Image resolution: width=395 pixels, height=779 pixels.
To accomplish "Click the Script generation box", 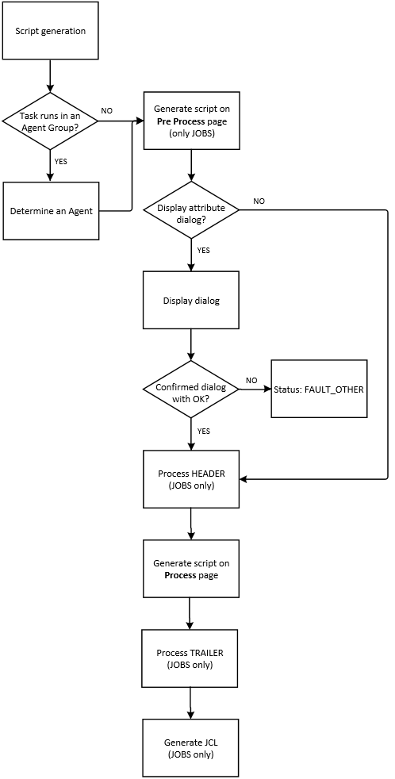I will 51,31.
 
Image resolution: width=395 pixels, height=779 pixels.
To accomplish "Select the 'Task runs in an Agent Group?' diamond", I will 51,121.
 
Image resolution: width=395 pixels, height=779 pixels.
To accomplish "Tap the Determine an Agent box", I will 51,211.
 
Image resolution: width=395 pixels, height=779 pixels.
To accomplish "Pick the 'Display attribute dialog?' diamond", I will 190,210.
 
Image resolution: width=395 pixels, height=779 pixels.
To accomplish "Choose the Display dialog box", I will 190,301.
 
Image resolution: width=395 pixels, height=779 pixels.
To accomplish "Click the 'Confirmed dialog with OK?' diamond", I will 190,389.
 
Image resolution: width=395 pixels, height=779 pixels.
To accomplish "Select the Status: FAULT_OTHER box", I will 319,389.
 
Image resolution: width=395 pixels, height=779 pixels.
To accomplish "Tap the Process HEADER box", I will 190,479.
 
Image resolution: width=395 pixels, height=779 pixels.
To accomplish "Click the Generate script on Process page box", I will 190,569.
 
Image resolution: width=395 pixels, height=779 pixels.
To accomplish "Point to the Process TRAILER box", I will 190,658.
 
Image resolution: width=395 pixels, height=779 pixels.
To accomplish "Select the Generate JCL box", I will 190,748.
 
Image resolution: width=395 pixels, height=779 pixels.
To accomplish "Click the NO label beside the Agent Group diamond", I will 107,110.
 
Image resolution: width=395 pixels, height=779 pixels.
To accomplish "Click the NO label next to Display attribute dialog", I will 259,201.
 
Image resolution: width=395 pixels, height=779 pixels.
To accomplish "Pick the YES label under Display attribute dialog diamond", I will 203,249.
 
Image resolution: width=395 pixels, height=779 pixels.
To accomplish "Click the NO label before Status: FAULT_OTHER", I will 251,381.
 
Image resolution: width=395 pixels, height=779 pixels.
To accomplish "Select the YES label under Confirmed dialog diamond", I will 203,431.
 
